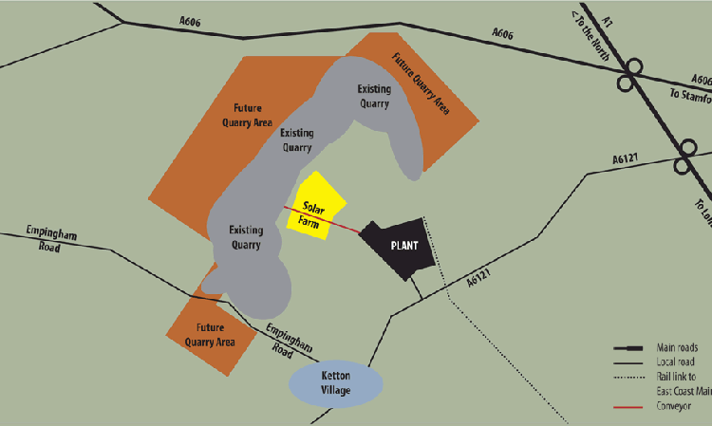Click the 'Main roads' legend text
tap(678, 347)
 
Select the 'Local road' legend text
tap(675, 362)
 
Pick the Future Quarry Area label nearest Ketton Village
tap(210, 335)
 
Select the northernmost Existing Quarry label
tap(373, 96)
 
